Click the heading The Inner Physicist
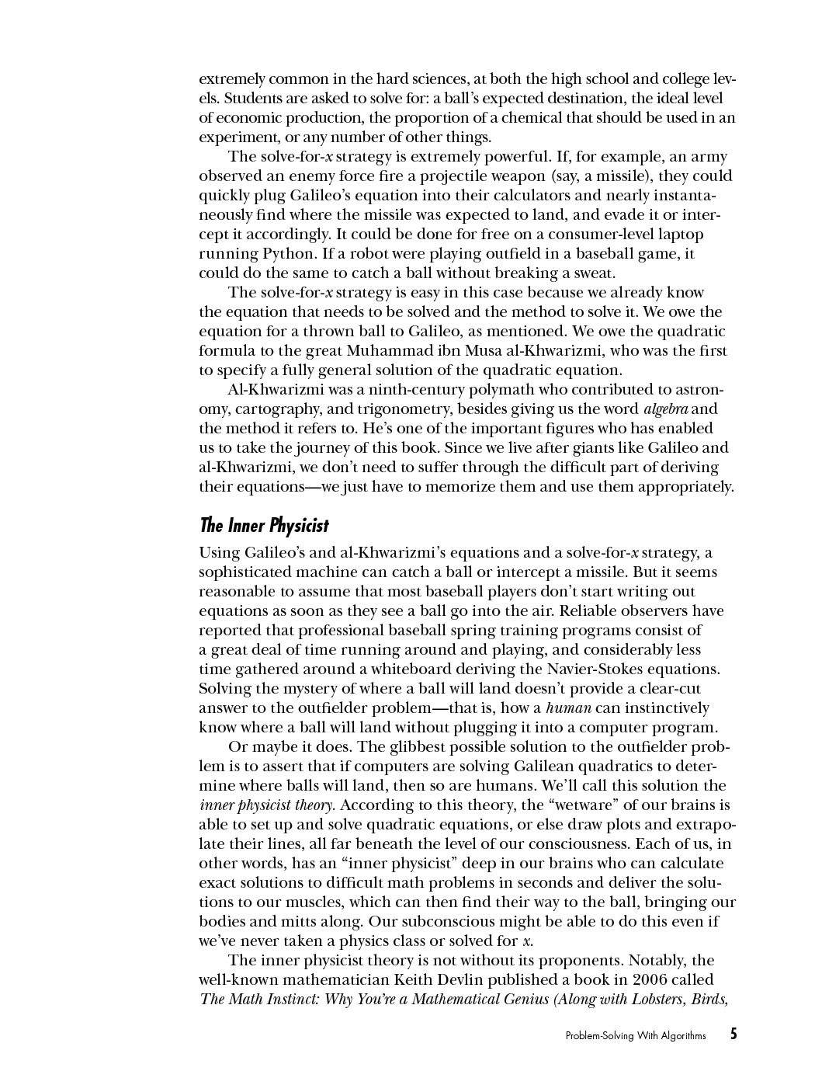264,526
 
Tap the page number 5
733,1035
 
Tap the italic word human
569,708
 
